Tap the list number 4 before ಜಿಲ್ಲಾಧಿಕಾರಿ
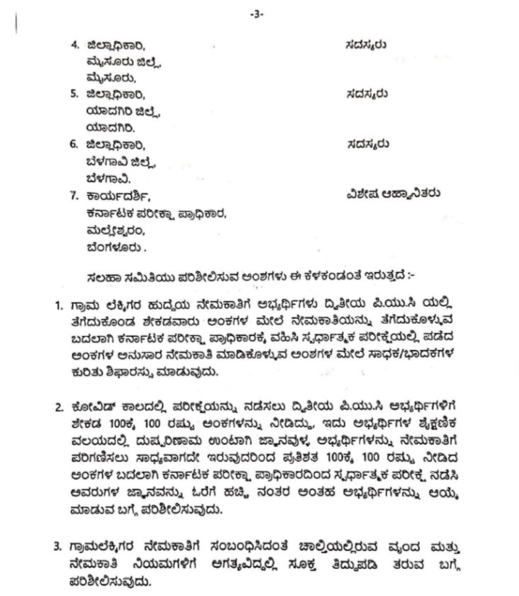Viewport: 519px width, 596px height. tap(74, 45)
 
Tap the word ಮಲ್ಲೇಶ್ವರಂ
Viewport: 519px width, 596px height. tap(114, 230)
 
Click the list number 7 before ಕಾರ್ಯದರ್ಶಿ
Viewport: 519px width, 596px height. tap(74, 196)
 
